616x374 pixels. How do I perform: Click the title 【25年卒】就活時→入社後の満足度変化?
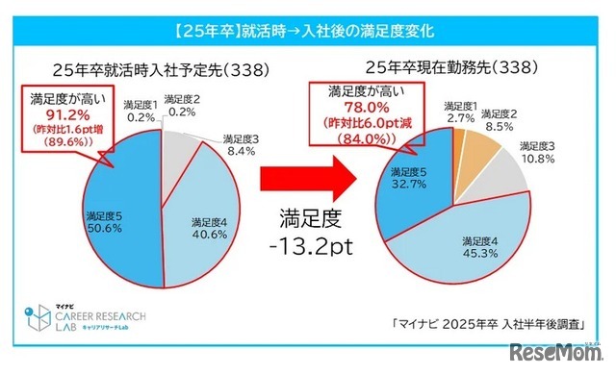[307, 30]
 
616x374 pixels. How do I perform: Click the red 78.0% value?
[365, 108]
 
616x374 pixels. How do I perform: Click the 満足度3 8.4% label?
[244, 144]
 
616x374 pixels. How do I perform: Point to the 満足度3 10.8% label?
[545, 152]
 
